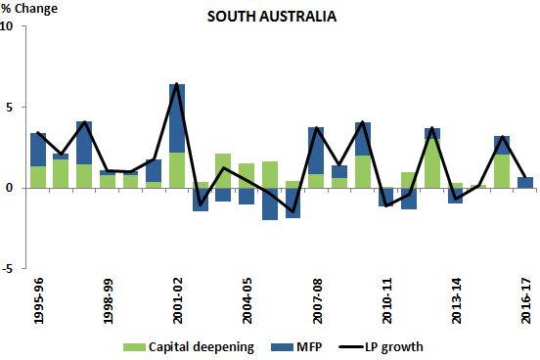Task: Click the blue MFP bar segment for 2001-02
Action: coord(177,117)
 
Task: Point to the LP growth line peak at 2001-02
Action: coord(177,84)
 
